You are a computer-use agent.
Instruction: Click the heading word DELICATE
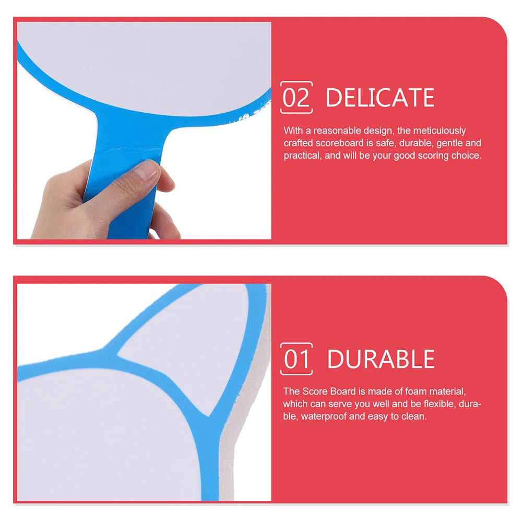click(x=380, y=98)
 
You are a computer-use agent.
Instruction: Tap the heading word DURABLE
click(x=381, y=359)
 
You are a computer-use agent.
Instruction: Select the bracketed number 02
click(x=296, y=98)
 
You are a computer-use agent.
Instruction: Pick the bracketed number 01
click(x=296, y=359)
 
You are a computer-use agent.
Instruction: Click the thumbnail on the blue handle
click(x=147, y=170)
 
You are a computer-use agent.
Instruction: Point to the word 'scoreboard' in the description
click(x=340, y=143)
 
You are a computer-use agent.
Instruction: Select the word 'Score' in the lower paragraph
click(x=314, y=391)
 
